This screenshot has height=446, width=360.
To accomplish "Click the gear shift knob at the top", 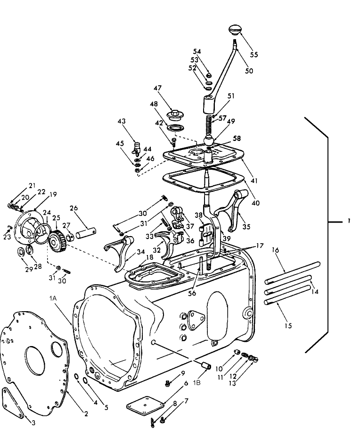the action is coord(235,30).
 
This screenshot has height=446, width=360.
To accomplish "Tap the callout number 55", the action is coord(254,54).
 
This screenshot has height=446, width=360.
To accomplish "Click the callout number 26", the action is coord(74,208).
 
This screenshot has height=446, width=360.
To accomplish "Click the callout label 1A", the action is coord(53,298).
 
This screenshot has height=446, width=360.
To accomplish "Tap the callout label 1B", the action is coord(197,382).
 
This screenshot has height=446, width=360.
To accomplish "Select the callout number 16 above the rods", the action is coord(275,250).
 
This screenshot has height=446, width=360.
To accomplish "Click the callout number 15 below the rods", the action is coord(288,326).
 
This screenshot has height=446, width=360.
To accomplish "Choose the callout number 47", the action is coord(157,88).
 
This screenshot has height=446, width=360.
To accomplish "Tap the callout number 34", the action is coord(140,252).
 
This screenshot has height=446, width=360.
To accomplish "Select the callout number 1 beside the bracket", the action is coord(349,221).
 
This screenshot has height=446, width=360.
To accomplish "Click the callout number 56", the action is coord(192,293).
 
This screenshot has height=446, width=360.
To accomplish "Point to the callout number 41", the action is coord(254,181).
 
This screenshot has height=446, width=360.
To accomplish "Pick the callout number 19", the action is coord(53,195).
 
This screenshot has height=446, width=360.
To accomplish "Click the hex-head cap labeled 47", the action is coord(173,114).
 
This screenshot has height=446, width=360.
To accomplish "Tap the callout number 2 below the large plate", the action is coord(86,414).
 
